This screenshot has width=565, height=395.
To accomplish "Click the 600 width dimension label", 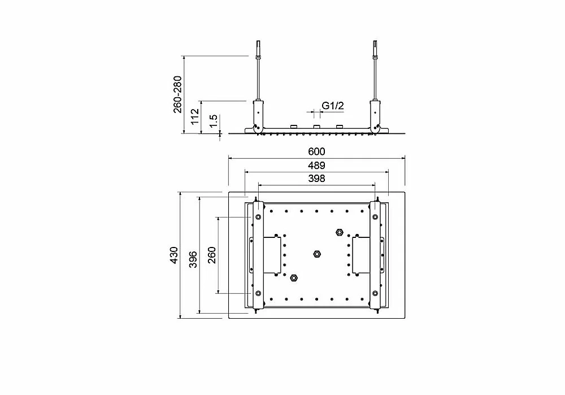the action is (x=316, y=151).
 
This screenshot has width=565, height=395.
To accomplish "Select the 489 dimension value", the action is (x=316, y=166).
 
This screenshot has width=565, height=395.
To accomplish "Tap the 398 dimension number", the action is (x=316, y=179).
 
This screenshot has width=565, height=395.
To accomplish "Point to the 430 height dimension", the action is (x=174, y=255).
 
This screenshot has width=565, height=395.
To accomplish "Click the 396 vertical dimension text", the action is (x=193, y=259).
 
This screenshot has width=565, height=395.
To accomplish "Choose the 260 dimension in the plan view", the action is (x=212, y=255).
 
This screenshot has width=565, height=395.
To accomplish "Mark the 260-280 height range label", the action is (x=177, y=94).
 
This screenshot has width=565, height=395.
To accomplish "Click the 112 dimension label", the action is (x=195, y=116).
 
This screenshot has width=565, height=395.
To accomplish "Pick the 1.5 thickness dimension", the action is (x=214, y=121).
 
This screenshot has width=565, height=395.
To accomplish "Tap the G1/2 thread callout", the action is (x=333, y=106).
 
